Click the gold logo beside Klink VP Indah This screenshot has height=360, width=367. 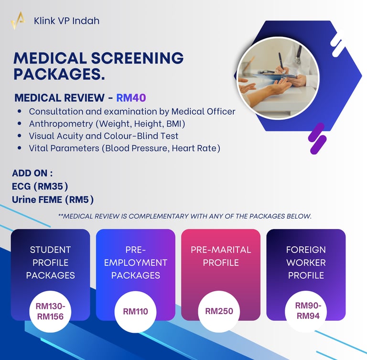point(18,21)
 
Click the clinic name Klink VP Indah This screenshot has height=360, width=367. point(66,21)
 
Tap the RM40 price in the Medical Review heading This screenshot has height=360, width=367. point(131,98)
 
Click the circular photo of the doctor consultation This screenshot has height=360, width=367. point(278,77)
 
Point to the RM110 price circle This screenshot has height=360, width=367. point(135,312)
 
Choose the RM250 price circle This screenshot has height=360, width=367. point(219,311)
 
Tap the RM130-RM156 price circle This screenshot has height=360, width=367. point(50,311)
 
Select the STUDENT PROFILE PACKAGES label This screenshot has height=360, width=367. point(50,262)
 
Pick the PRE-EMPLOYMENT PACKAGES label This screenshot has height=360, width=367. point(135,262)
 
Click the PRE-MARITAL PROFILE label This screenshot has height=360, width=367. point(220,256)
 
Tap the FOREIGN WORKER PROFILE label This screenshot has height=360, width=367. point(306,262)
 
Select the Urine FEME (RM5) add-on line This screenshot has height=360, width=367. point(53,199)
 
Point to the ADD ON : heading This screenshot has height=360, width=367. point(32,173)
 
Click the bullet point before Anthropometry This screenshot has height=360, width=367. point(19,124)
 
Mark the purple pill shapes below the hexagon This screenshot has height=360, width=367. point(317,139)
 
